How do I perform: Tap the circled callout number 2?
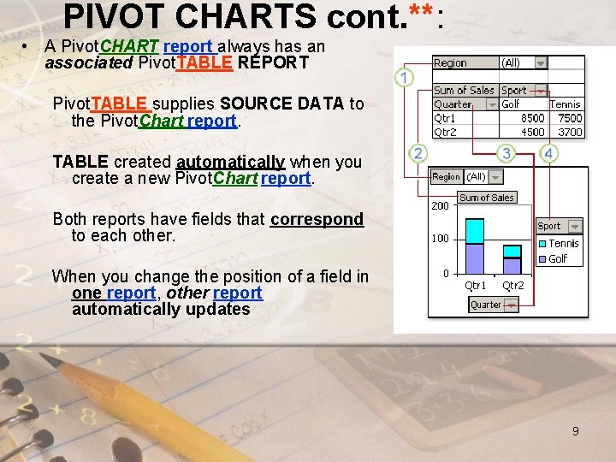point(418,153)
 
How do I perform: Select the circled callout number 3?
point(506,153)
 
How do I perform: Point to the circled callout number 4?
point(548,153)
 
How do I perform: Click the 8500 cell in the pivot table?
point(532,119)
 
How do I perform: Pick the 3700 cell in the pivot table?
point(569,132)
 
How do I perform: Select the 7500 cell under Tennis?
point(569,119)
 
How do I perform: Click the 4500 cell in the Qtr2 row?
point(532,132)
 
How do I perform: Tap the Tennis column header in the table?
point(565,104)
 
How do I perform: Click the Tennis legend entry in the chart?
point(563,244)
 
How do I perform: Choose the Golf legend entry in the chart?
point(558,258)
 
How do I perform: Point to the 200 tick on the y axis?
point(440,206)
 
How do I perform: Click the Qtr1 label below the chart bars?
point(476,286)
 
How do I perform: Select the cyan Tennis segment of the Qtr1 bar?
point(475,231)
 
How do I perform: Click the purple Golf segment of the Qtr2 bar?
point(512,264)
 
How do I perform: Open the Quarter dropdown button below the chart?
point(511,305)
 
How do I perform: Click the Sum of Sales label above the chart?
point(486,198)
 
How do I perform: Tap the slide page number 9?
point(576,431)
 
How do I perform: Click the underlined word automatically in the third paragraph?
point(231,162)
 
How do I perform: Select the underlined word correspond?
point(317,219)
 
